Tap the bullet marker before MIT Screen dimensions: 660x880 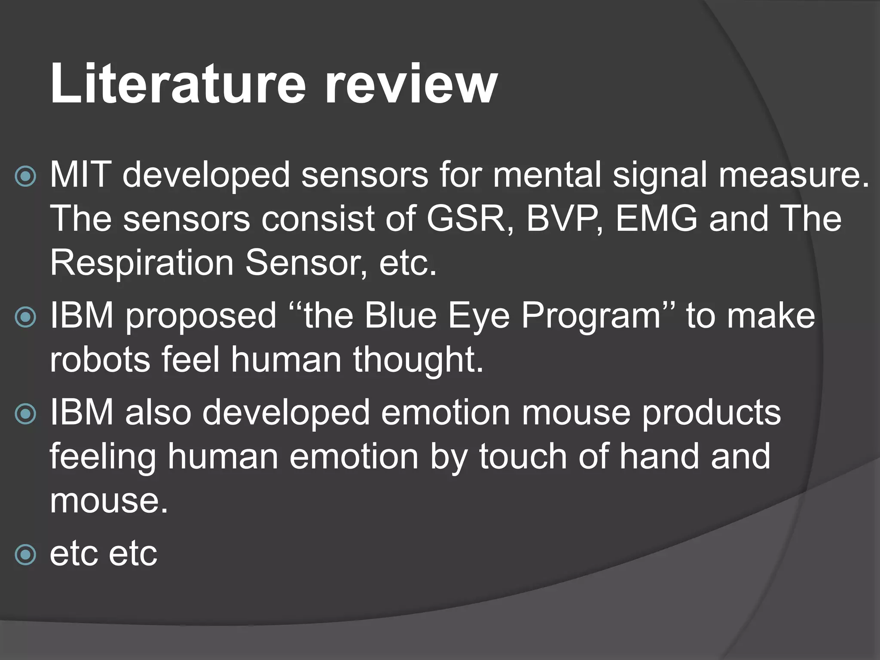tap(25, 177)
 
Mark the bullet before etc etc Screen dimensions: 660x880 tap(25, 555)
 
